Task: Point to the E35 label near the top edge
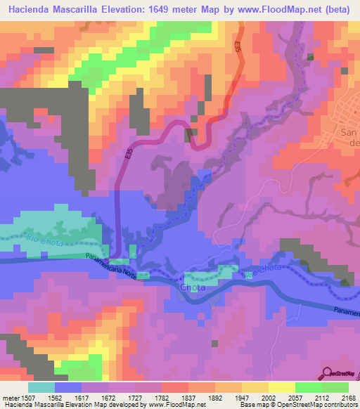pyautogui.click(x=238, y=46)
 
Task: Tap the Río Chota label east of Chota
pyautogui.click(x=263, y=270)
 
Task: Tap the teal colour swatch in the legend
pyautogui.click(x=41, y=387)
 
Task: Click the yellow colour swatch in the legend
pyautogui.click(x=281, y=387)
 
